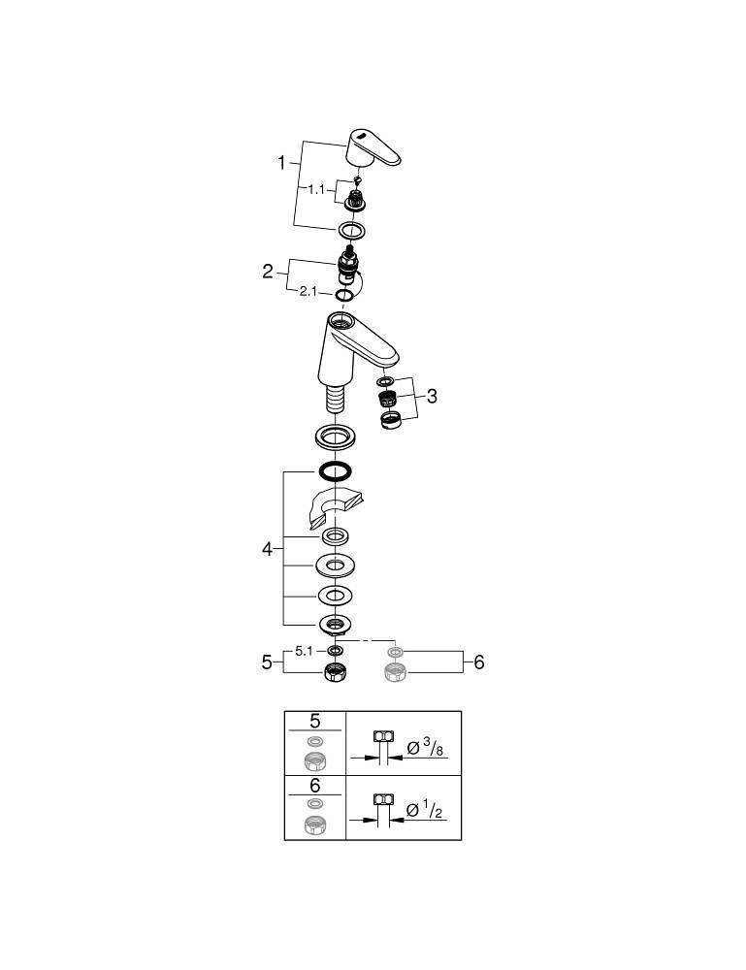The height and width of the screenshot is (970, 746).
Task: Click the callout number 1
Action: [x=282, y=163]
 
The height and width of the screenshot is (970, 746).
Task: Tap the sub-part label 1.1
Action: [x=316, y=190]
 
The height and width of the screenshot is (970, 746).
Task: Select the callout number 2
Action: [x=268, y=272]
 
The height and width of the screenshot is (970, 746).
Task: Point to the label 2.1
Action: [x=308, y=292]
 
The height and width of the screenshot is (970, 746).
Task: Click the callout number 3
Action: [x=432, y=396]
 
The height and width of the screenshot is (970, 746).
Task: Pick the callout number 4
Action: [x=267, y=549]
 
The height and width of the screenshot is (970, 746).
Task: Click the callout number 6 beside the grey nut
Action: [x=477, y=663]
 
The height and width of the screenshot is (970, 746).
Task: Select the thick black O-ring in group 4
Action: [x=334, y=472]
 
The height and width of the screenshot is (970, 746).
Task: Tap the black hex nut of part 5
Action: [x=335, y=671]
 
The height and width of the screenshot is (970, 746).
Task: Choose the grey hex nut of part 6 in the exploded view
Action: [x=395, y=671]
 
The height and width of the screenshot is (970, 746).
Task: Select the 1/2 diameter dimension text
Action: [x=426, y=809]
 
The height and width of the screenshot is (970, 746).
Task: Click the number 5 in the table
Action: [x=314, y=722]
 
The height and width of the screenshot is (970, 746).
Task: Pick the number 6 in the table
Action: [x=314, y=786]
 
